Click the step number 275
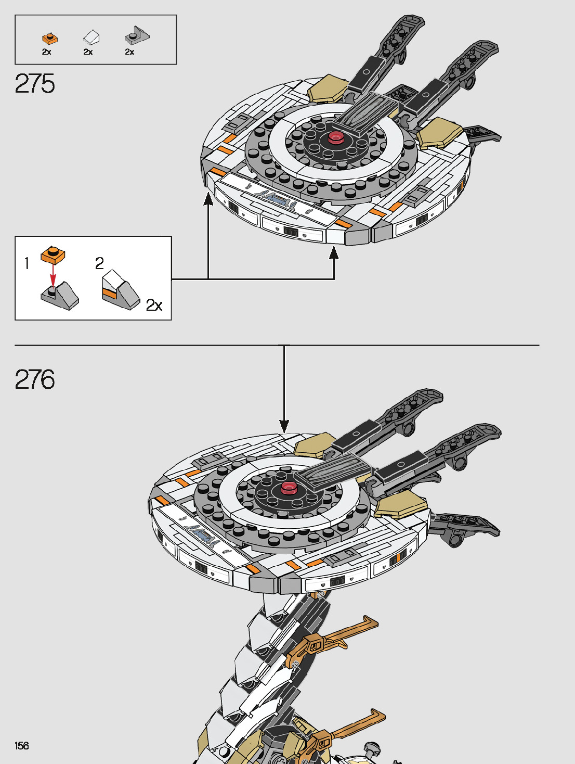click(35, 84)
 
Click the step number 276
click(35, 379)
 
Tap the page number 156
click(22, 746)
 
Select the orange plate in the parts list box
click(49, 39)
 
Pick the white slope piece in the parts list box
click(91, 37)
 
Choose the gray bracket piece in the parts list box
click(136, 36)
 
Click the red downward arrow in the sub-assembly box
click(53, 274)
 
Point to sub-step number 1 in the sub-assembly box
click(27, 263)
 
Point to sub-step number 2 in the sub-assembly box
click(99, 263)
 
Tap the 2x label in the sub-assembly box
click(154, 305)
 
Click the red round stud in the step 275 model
click(335, 137)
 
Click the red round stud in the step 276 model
click(289, 488)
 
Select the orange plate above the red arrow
click(53, 254)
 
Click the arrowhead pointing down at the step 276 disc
click(284, 426)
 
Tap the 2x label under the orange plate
click(46, 52)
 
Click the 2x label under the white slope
click(88, 52)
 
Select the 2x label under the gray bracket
click(129, 52)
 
